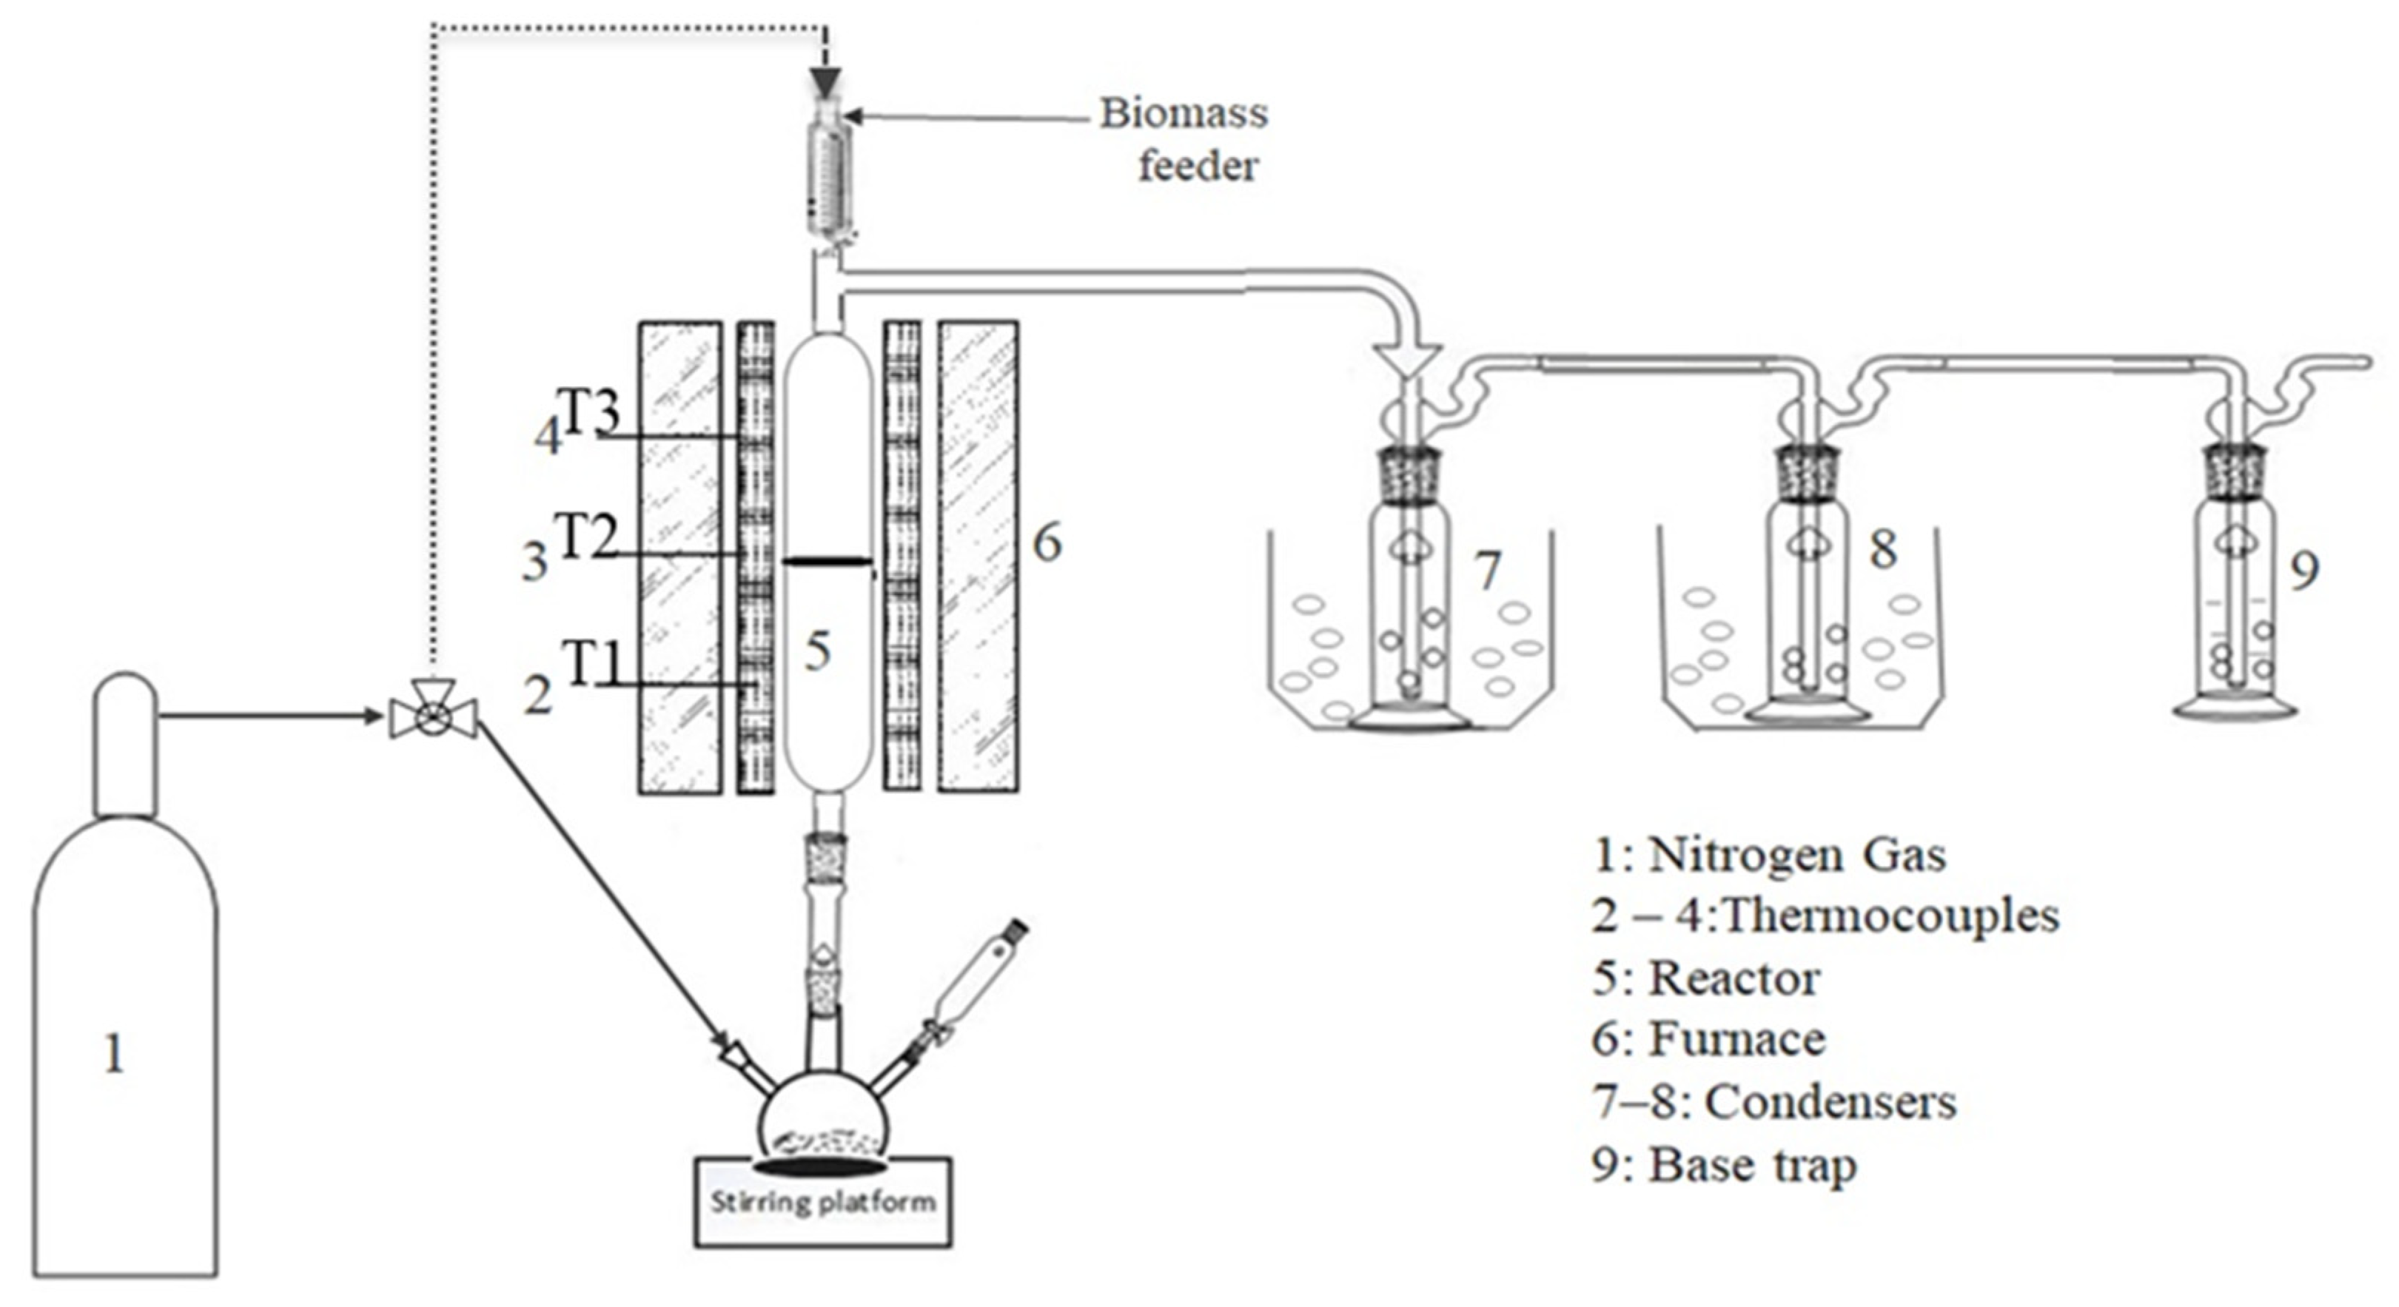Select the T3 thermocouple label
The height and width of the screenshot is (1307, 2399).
click(x=587, y=411)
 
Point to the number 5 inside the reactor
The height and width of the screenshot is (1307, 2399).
click(x=816, y=651)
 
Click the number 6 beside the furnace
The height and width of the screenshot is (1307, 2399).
click(x=1047, y=542)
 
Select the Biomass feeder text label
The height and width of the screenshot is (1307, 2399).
click(x=1184, y=140)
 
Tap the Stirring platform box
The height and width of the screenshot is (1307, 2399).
click(x=823, y=1201)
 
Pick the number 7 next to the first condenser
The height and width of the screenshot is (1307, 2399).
click(x=1489, y=570)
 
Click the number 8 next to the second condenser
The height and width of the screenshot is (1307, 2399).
click(x=1883, y=548)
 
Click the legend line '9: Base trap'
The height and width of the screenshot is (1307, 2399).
click(x=1724, y=1166)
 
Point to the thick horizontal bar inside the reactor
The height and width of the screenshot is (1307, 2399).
click(x=826, y=561)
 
